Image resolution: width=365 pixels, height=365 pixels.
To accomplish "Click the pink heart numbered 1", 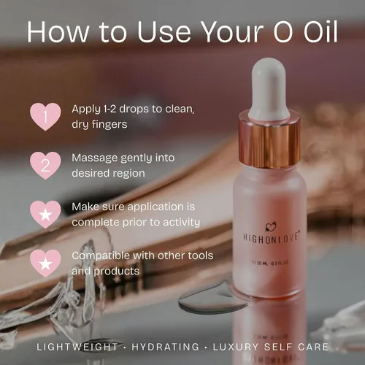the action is pos(45,116).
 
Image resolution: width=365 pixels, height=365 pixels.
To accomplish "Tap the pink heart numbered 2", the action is pos(45,165).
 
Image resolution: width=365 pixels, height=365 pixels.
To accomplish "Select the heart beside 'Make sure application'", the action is pos(45,214).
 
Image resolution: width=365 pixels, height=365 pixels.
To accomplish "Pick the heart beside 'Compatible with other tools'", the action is pos(45,263).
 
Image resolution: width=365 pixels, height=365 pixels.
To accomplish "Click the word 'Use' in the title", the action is pos(164,32).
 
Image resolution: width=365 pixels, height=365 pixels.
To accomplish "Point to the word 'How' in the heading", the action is pos(58,32).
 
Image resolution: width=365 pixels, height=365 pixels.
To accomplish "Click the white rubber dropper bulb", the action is pos(269,88).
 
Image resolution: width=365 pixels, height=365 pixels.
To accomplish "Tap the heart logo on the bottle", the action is pos(271,227).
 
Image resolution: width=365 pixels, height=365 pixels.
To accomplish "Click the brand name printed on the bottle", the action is pos(271,238).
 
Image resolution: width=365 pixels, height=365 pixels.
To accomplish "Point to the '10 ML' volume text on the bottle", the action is pos(262,263).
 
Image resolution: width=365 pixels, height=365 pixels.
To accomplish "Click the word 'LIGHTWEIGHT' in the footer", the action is pos(77,347).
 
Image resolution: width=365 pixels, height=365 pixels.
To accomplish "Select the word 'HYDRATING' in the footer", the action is pos(166,347).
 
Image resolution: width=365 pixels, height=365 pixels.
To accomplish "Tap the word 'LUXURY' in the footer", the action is pos(236,347).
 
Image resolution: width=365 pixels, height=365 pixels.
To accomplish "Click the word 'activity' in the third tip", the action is pos(182,223).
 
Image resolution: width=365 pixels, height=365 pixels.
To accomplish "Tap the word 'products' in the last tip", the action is pos(117,272).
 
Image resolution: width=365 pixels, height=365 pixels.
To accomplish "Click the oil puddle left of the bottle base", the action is pos(207,301).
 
